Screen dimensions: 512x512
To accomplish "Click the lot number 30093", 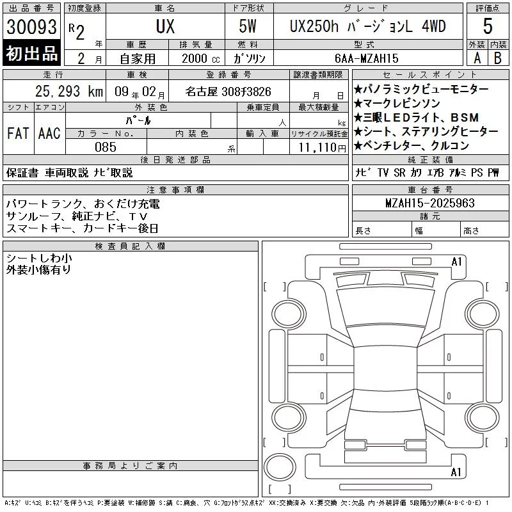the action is pyautogui.click(x=31, y=27).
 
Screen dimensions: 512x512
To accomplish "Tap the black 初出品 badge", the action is pyautogui.click(x=31, y=53).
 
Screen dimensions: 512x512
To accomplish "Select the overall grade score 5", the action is pyautogui.click(x=488, y=26).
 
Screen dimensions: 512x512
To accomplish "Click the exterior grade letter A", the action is pyautogui.click(x=477, y=58).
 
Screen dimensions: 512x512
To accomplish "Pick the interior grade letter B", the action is pyautogui.click(x=498, y=58).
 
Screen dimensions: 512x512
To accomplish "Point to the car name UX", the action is pyautogui.click(x=165, y=26).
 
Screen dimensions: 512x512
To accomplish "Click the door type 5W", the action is pyautogui.click(x=248, y=26).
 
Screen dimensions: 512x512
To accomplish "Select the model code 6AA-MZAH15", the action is pyautogui.click(x=366, y=58).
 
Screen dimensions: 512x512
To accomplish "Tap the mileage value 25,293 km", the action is pyautogui.click(x=69, y=92).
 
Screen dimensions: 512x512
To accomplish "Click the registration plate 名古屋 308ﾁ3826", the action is pyautogui.click(x=228, y=92).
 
